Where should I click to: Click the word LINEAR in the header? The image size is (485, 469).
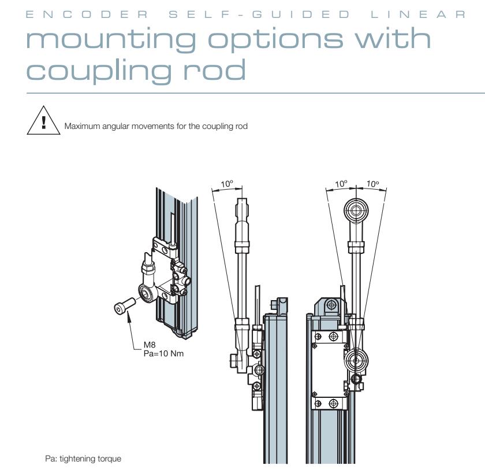pyautogui.click(x=420, y=14)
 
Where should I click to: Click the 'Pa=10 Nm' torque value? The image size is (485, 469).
pyautogui.click(x=163, y=353)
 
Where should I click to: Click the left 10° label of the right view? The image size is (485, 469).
pyautogui.click(x=342, y=184)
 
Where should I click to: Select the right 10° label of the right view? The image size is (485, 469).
pyautogui.click(x=373, y=184)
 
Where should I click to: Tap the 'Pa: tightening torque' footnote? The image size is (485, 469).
pyautogui.click(x=83, y=459)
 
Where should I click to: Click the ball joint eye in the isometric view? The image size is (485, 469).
pyautogui.click(x=147, y=292)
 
